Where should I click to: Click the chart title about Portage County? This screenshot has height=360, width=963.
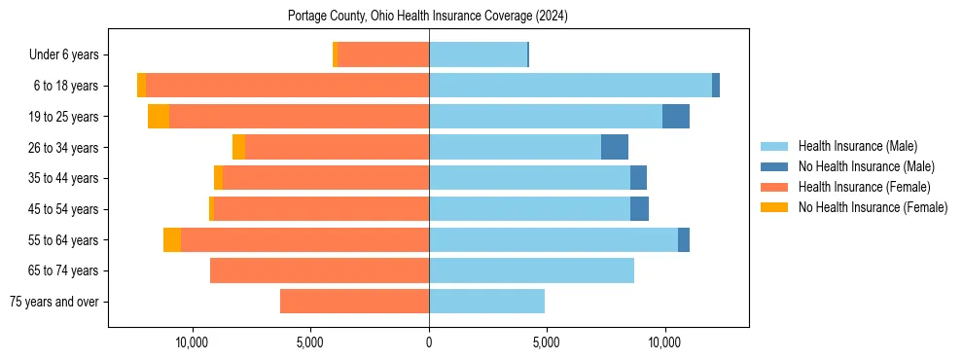(x=428, y=17)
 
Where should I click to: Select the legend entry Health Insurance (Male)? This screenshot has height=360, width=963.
(x=856, y=146)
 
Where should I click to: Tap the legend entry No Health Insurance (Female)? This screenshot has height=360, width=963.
(x=873, y=207)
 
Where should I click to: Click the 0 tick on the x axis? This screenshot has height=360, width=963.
(x=429, y=343)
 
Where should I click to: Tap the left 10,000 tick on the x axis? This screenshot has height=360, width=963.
(x=193, y=343)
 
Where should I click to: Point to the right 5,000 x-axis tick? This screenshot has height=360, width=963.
(x=547, y=343)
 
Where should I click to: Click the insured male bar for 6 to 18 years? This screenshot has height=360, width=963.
(x=570, y=86)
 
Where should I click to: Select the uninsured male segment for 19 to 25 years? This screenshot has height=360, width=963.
(x=676, y=117)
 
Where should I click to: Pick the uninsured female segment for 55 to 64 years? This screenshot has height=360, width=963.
(x=172, y=240)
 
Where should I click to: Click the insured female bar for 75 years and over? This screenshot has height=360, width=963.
(x=354, y=302)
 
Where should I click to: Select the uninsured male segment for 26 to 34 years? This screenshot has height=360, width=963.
(x=615, y=147)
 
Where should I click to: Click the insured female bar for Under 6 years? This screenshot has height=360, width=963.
(x=383, y=54)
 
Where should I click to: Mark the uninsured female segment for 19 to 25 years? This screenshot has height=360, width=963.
(x=159, y=117)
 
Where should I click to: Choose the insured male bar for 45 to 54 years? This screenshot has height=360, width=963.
(x=529, y=209)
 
